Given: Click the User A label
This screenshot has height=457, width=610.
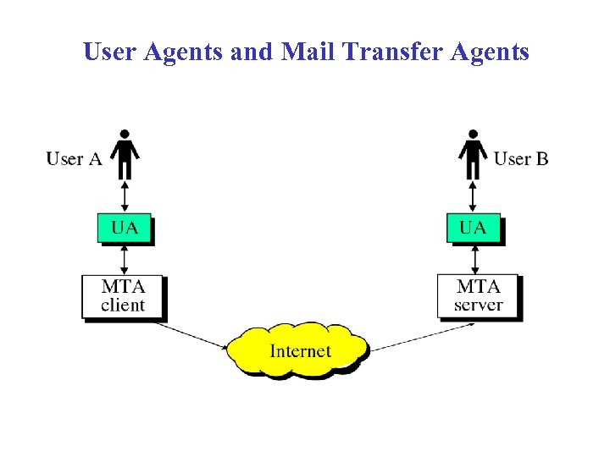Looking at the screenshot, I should point(74,159).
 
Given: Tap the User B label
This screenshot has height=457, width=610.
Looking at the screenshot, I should point(520,159).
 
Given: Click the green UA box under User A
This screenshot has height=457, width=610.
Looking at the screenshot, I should point(125,228).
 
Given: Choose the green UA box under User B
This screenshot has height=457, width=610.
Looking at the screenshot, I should point(474,228).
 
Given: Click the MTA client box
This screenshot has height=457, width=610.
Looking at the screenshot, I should point(123,296).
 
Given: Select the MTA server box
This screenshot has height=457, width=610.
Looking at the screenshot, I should point(478,296).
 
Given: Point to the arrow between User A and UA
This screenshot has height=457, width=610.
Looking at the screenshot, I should point(125,196).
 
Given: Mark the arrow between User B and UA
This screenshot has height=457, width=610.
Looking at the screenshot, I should point(473,196).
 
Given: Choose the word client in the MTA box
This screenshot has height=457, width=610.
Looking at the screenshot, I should point(123,306).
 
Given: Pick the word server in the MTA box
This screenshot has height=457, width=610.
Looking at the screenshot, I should point(478,306).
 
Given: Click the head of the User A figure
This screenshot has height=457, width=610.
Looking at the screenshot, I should point(125,134).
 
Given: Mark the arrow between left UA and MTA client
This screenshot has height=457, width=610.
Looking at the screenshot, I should point(125,258).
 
